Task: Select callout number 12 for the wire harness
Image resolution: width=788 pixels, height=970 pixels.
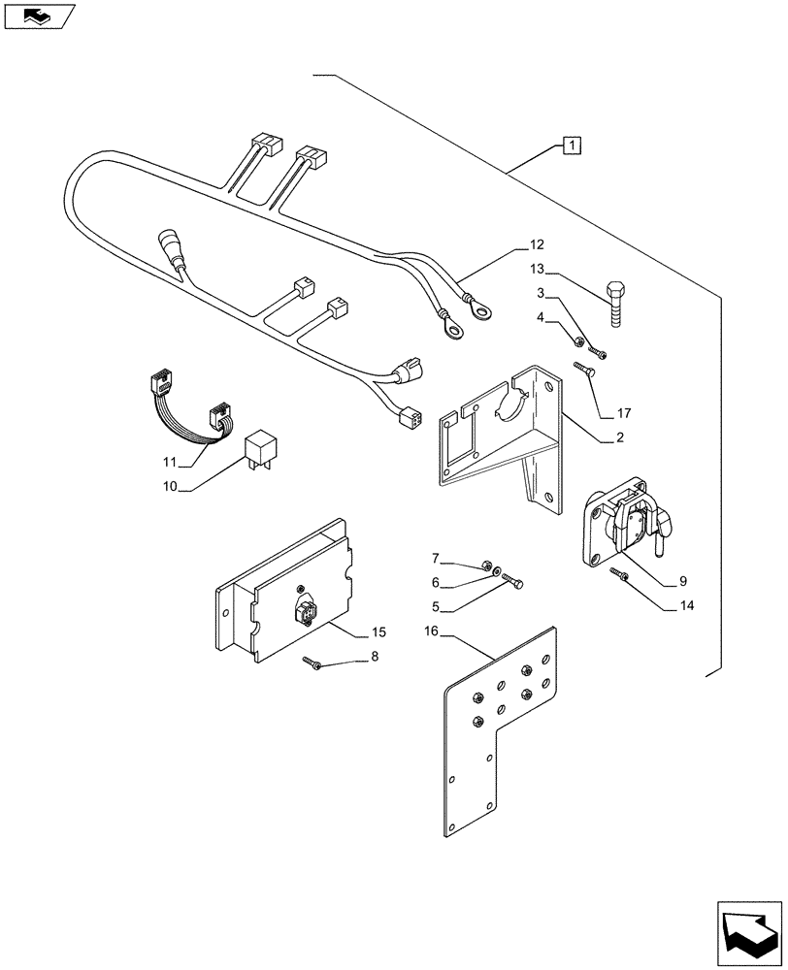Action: (537, 244)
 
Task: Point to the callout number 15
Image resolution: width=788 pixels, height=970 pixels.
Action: (378, 631)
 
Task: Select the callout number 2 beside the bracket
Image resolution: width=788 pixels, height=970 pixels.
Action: (617, 438)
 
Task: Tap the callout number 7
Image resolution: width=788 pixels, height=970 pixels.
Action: (436, 558)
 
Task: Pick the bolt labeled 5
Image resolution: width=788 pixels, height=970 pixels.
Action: (516, 582)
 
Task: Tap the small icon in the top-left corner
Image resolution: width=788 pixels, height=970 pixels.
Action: (38, 16)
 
